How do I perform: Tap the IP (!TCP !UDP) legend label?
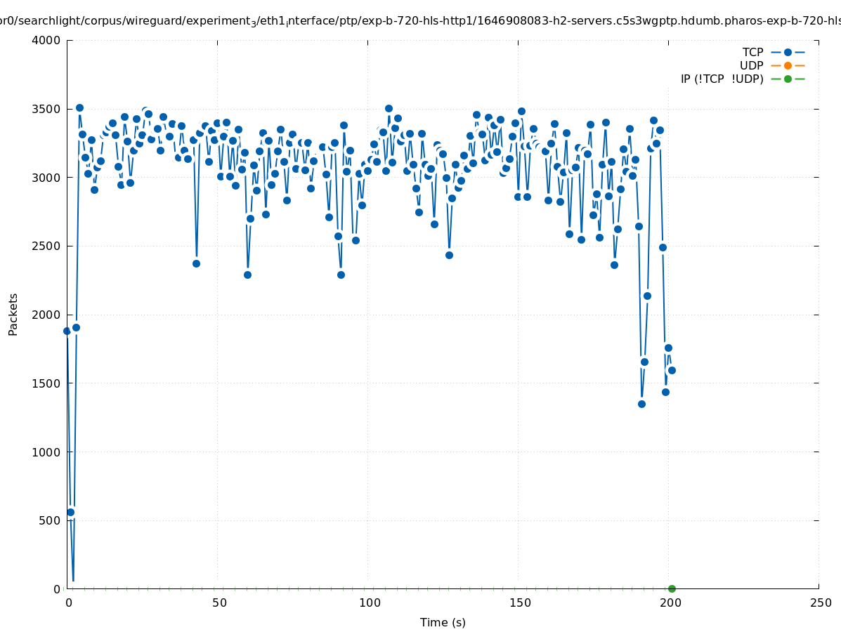click(722, 79)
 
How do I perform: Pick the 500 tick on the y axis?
click(50, 520)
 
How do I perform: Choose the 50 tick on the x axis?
click(219, 603)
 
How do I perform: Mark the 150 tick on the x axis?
click(520, 603)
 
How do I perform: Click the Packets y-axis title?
click(13, 314)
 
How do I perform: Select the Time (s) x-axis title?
click(443, 622)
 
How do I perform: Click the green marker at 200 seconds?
click(672, 588)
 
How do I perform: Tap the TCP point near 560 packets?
click(70, 512)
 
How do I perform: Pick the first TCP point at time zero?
click(67, 331)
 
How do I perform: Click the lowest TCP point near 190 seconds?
click(641, 404)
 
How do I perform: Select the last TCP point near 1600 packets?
click(672, 370)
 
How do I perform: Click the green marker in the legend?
click(788, 79)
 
